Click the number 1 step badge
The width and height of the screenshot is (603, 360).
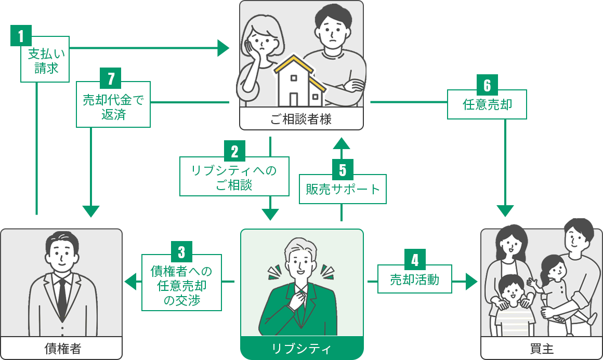click(x=21, y=36)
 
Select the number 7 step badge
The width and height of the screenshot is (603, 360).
click(x=110, y=79)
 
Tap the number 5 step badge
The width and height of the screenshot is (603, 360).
click(x=342, y=170)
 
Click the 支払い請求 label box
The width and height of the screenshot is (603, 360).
click(x=45, y=60)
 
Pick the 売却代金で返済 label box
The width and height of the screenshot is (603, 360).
click(x=113, y=106)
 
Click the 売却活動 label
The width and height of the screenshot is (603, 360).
click(x=414, y=279)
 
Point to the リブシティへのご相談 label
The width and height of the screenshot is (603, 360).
click(x=234, y=177)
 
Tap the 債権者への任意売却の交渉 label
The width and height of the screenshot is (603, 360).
click(x=181, y=285)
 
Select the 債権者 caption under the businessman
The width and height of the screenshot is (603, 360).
click(x=61, y=348)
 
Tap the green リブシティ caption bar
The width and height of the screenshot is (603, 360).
click(x=301, y=348)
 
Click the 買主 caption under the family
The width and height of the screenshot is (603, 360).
click(x=541, y=348)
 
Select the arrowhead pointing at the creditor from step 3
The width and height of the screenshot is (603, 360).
click(x=129, y=282)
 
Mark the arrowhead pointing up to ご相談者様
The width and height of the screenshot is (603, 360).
click(x=342, y=142)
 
